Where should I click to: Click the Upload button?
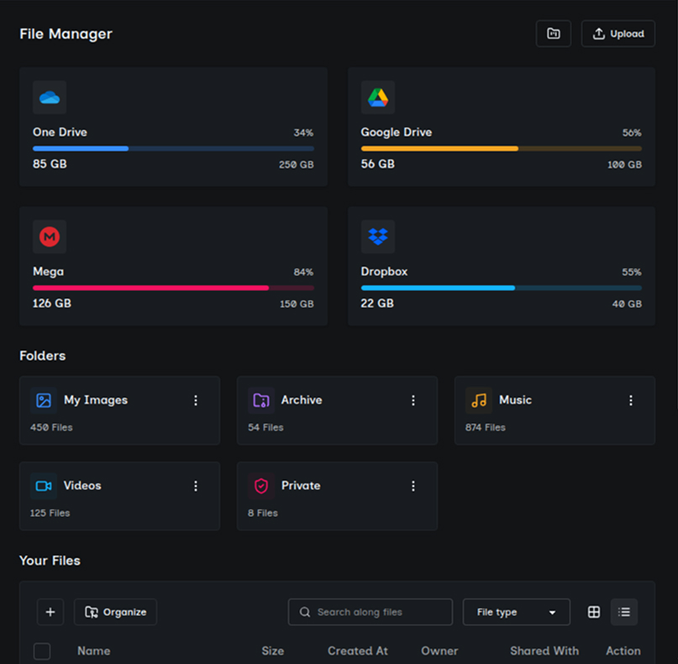tap(618, 34)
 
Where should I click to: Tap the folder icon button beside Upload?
tap(553, 34)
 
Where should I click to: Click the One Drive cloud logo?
tap(50, 97)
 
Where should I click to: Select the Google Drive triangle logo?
tap(377, 97)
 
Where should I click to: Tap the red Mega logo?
tap(50, 238)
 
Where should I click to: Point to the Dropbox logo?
tap(377, 238)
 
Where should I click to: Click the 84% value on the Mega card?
tap(303, 272)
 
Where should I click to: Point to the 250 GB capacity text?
tap(296, 165)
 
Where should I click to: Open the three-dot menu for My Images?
tap(196, 400)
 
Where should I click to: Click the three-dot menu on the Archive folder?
tap(413, 400)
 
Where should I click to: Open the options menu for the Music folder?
tap(631, 400)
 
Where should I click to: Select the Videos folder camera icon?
tap(44, 486)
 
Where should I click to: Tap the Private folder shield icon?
tap(261, 486)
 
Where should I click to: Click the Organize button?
tap(115, 612)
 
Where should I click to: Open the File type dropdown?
tap(516, 612)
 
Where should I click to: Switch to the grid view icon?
tap(594, 612)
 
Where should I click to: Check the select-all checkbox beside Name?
tap(42, 651)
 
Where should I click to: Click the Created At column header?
tap(358, 651)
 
